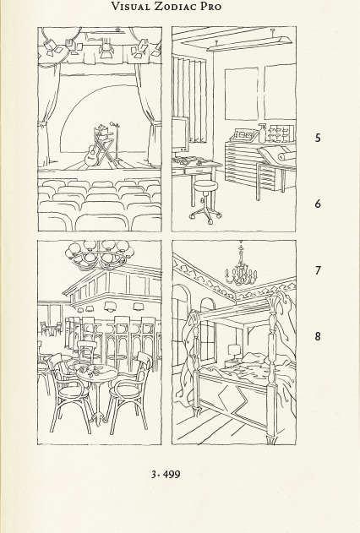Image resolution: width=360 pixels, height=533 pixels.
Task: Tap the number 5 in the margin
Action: tap(318, 138)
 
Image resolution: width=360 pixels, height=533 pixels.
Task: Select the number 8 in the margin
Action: tap(318, 336)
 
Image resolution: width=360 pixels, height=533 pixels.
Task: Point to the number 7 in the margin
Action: tap(318, 270)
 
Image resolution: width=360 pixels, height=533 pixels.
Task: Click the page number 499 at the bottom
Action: tap(172, 474)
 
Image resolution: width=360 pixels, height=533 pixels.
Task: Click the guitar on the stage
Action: tap(91, 155)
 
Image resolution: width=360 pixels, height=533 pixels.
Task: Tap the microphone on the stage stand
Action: tap(113, 123)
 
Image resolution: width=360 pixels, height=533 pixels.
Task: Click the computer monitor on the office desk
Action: tap(180, 133)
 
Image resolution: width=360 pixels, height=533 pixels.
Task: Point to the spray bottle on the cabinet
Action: tap(262, 133)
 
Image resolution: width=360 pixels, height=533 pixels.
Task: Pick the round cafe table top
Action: tap(96, 373)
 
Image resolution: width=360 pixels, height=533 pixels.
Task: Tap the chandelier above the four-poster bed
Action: tap(241, 268)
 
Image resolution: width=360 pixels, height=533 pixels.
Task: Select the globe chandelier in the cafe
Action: tap(100, 255)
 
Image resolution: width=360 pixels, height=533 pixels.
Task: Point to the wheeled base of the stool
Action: tap(205, 215)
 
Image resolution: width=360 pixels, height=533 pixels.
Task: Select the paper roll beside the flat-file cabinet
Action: tap(286, 157)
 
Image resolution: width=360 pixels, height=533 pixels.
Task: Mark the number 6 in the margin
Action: tap(318, 204)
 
